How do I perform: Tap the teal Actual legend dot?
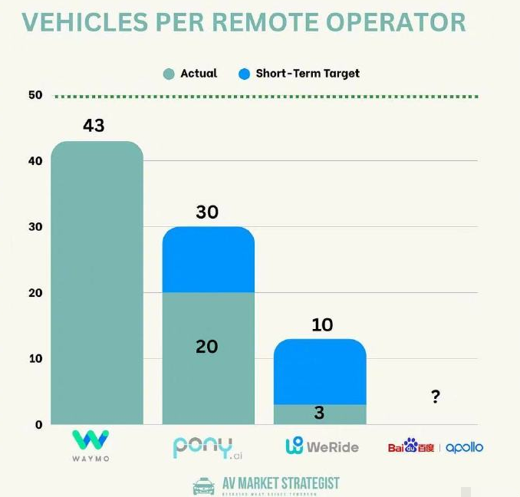(169, 74)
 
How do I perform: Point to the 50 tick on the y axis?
(34, 95)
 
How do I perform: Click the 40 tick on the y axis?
(34, 161)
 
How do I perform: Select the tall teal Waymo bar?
(97, 284)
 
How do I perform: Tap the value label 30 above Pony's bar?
(207, 212)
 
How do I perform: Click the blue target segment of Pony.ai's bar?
(208, 261)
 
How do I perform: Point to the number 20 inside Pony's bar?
(207, 347)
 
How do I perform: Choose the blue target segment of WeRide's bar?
(320, 372)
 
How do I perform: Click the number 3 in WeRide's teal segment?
(319, 413)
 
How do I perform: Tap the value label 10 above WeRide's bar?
(322, 324)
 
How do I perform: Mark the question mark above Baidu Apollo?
(435, 397)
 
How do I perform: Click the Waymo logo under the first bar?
(91, 446)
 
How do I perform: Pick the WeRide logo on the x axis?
(321, 446)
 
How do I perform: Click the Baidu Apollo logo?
(435, 446)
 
